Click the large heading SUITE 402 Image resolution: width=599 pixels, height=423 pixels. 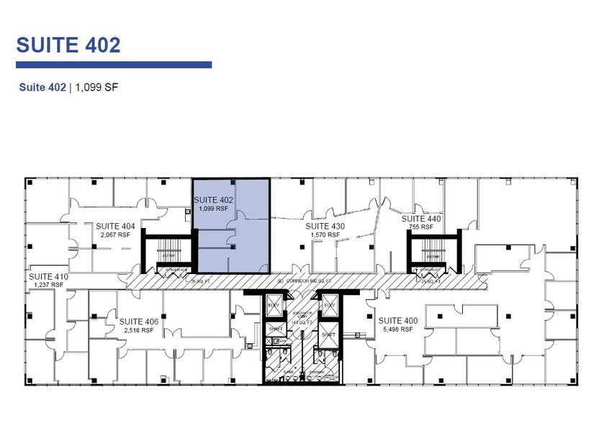click(x=68, y=45)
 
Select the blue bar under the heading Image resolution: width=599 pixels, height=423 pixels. click(x=114, y=65)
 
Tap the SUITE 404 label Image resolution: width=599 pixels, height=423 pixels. click(x=115, y=226)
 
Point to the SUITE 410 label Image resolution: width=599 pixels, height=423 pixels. click(x=48, y=276)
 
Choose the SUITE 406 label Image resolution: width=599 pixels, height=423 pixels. click(x=139, y=322)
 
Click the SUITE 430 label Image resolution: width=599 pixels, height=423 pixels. click(x=325, y=227)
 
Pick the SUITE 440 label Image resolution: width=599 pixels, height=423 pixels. click(x=421, y=219)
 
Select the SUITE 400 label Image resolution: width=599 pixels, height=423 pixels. click(x=397, y=320)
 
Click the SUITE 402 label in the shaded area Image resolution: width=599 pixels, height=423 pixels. click(x=214, y=200)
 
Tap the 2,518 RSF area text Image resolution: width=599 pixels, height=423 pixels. click(x=139, y=330)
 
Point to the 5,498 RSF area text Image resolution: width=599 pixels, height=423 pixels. click(x=397, y=329)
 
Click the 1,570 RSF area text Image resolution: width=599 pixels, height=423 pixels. click(x=325, y=235)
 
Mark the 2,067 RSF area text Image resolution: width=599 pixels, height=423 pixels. click(x=115, y=235)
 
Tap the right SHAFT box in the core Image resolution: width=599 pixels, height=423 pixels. click(x=328, y=335)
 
